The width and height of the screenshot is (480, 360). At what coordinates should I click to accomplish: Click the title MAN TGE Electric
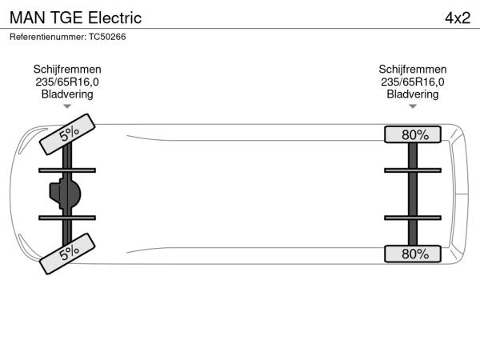tap(76, 17)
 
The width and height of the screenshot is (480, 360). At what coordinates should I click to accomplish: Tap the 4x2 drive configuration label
tap(457, 17)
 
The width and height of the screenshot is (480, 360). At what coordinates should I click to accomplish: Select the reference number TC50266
tap(107, 37)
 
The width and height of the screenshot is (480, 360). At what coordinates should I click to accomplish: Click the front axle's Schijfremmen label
tap(67, 70)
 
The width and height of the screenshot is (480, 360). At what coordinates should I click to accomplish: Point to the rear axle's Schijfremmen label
tap(413, 70)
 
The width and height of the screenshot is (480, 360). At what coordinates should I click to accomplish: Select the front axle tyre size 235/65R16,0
tap(67, 82)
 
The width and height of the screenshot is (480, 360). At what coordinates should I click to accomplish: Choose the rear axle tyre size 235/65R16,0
tap(413, 82)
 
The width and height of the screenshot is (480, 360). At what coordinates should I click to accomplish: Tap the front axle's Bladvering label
tap(67, 94)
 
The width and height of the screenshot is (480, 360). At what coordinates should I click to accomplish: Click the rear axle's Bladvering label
tap(413, 94)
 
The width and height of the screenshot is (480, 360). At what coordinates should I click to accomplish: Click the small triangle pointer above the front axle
tap(67, 106)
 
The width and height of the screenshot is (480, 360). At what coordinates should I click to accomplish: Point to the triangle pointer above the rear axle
tap(413, 106)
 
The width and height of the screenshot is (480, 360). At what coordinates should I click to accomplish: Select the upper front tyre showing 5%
tap(68, 134)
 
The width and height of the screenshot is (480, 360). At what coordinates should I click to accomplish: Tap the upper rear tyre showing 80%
tap(414, 134)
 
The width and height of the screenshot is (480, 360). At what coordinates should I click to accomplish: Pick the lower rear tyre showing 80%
tap(414, 254)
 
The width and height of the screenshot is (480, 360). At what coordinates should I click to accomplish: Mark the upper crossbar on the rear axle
tap(413, 170)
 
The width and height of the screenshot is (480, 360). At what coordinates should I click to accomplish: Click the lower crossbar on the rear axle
tap(413, 218)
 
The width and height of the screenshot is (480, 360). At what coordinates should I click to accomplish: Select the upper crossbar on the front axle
tap(67, 170)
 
